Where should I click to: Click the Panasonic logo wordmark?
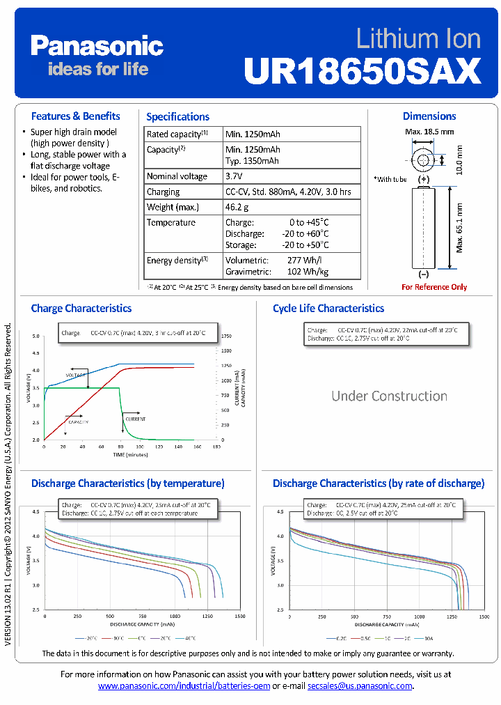[x=97, y=47]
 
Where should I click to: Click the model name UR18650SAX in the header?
[x=363, y=70]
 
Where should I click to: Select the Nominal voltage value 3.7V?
[x=234, y=176]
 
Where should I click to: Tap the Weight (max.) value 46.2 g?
[x=237, y=207]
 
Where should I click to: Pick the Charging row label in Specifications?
[x=163, y=192]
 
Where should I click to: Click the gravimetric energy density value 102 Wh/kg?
[x=308, y=272]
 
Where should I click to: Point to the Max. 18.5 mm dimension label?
[x=429, y=131]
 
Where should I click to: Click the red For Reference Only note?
[x=434, y=287]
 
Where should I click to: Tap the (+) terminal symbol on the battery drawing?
[x=424, y=179]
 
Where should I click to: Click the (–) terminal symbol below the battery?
[x=424, y=275]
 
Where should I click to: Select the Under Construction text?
[x=389, y=396]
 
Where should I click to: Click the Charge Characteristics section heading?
[x=81, y=308]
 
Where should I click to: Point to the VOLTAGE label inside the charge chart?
[x=75, y=375]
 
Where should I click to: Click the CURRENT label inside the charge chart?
[x=136, y=419]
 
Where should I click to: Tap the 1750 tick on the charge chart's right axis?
[x=226, y=336]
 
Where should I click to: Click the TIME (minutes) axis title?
[x=132, y=454]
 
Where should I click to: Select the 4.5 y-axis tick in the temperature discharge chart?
[x=35, y=511]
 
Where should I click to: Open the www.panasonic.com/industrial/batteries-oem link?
[x=184, y=686]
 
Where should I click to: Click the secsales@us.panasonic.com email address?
[x=360, y=686]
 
